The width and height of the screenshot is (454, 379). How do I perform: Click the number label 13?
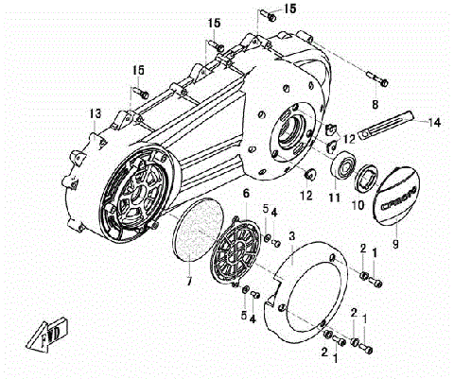click(95, 113)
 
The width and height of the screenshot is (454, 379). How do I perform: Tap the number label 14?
click(435, 122)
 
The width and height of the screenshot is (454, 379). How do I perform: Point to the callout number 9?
click(395, 242)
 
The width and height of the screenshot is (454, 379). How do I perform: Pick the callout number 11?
click(333, 198)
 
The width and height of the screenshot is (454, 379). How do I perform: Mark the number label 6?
click(246, 194)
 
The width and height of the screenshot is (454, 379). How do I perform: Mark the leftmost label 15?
click(139, 70)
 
